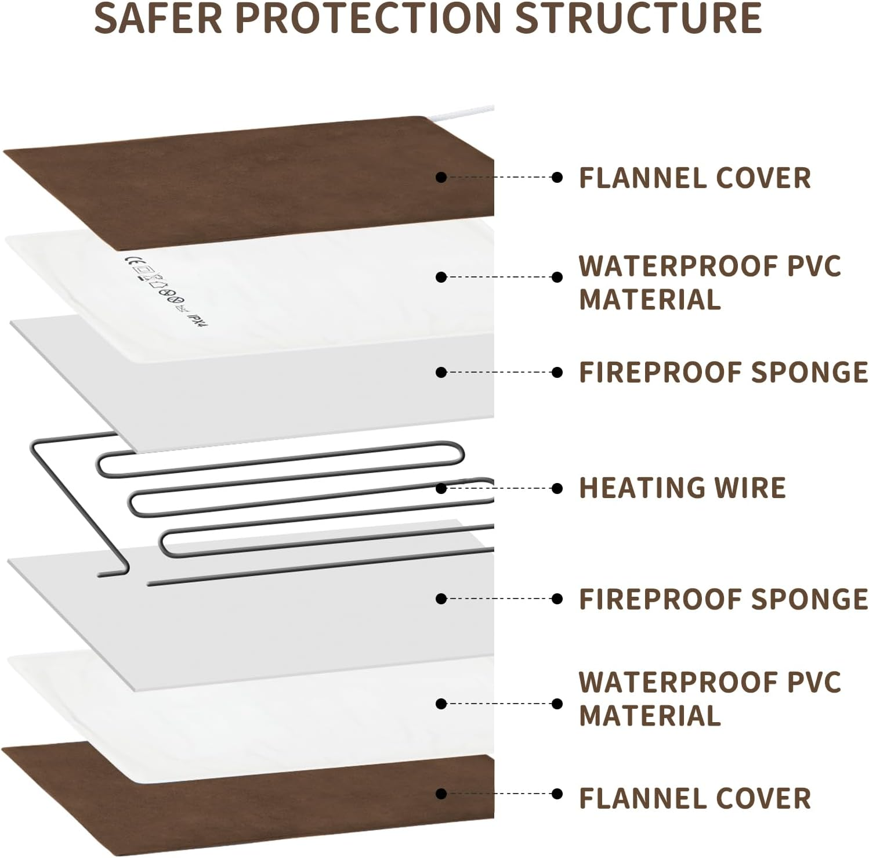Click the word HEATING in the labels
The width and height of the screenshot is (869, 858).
pyautogui.click(x=641, y=488)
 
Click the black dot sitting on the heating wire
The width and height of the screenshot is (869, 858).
pyautogui.click(x=441, y=488)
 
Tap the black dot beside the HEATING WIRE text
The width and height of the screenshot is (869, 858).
pyautogui.click(x=557, y=488)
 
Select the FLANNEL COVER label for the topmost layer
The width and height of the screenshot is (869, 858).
pyautogui.click(x=694, y=178)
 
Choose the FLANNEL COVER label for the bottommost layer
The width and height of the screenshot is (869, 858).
pyautogui.click(x=694, y=798)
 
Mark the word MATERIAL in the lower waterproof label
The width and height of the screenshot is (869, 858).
pyautogui.click(x=650, y=715)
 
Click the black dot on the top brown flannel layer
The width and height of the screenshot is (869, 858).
pyautogui.click(x=441, y=177)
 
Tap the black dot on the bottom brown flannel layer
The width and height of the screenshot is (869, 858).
pyautogui.click(x=441, y=794)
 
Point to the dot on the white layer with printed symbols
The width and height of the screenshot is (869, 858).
pyautogui.click(x=441, y=277)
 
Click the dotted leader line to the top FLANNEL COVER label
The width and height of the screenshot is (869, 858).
pyautogui.click(x=499, y=177)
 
